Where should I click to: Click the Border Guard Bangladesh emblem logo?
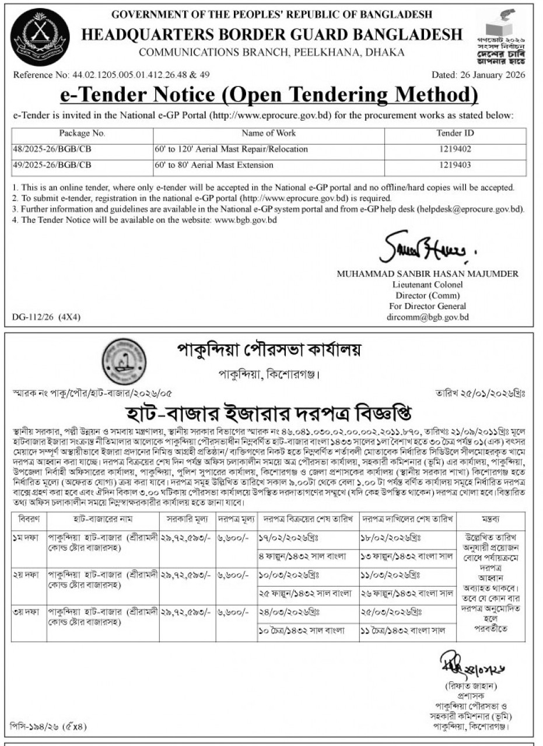pos(40,37)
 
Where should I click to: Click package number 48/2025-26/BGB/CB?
pos(52,149)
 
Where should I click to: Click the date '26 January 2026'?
pos(493,75)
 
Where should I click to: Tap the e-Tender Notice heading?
pos(269,94)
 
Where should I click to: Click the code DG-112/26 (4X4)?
pos(46,317)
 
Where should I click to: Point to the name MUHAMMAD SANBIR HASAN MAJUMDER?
pos(428,274)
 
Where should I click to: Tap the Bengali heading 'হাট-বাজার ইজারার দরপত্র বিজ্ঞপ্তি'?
pos(272,415)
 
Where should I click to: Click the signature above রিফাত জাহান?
pos(464,663)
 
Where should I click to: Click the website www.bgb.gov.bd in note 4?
pos(246,220)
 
